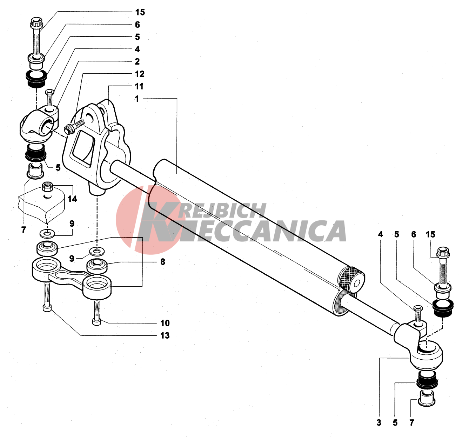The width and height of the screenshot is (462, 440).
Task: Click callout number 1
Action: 137,99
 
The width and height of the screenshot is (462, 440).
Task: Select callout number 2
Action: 137,62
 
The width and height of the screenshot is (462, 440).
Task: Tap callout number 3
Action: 379,423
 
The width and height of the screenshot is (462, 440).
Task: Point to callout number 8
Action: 163,262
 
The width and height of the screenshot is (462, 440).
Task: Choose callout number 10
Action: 165,323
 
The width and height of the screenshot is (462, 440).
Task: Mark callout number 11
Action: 139,86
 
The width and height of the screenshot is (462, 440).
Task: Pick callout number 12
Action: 140,74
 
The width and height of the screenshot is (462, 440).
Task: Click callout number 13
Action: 165,335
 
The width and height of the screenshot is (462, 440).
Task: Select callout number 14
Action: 72,199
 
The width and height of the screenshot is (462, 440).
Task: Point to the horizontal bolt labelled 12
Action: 74,126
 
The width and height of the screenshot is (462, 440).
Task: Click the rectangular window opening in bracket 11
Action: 83,147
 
